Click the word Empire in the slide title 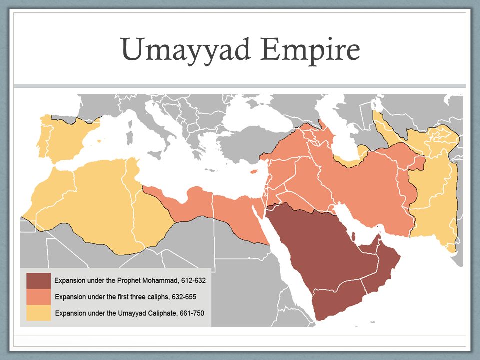(310, 50)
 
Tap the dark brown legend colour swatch (39, 281)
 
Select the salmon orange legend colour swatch (39, 297)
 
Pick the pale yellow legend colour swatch (39, 313)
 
